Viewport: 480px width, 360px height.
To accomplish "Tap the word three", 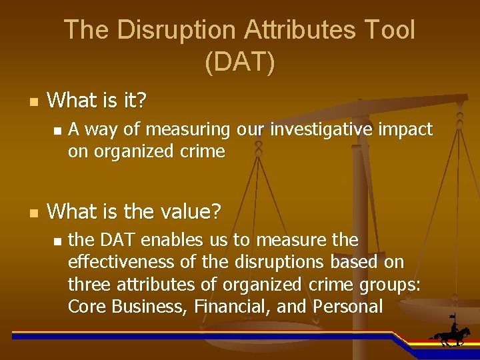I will [89, 285].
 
